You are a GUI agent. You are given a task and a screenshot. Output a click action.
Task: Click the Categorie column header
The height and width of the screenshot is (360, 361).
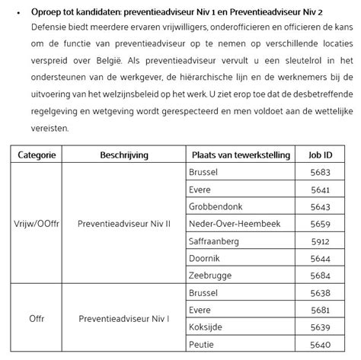tap(37, 155)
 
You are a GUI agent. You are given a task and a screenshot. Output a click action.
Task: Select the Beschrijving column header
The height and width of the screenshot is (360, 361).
tap(121, 155)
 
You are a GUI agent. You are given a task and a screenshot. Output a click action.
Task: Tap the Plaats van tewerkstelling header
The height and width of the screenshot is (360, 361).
tap(241, 155)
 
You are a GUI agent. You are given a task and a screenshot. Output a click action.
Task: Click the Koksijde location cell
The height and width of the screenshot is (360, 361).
tap(206, 327)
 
